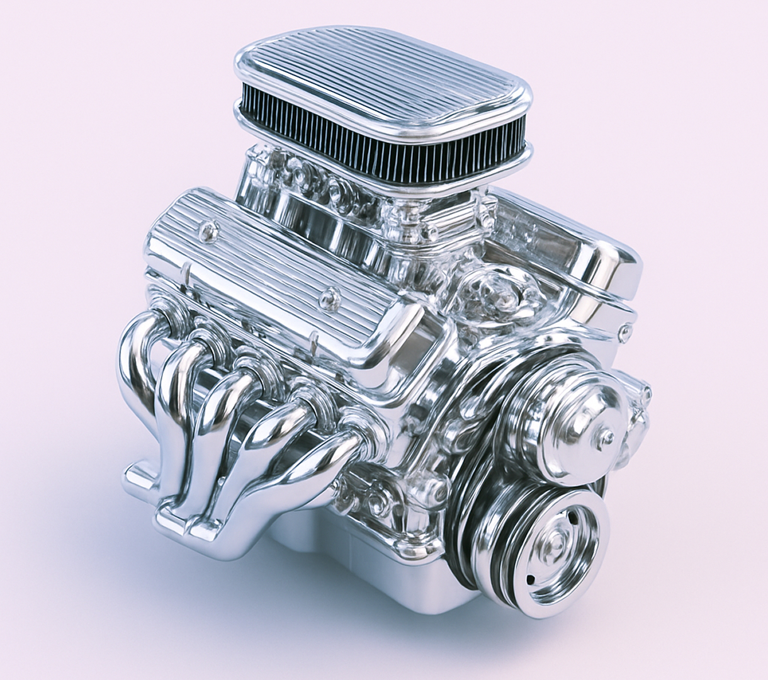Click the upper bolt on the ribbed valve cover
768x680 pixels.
click(205, 234)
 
